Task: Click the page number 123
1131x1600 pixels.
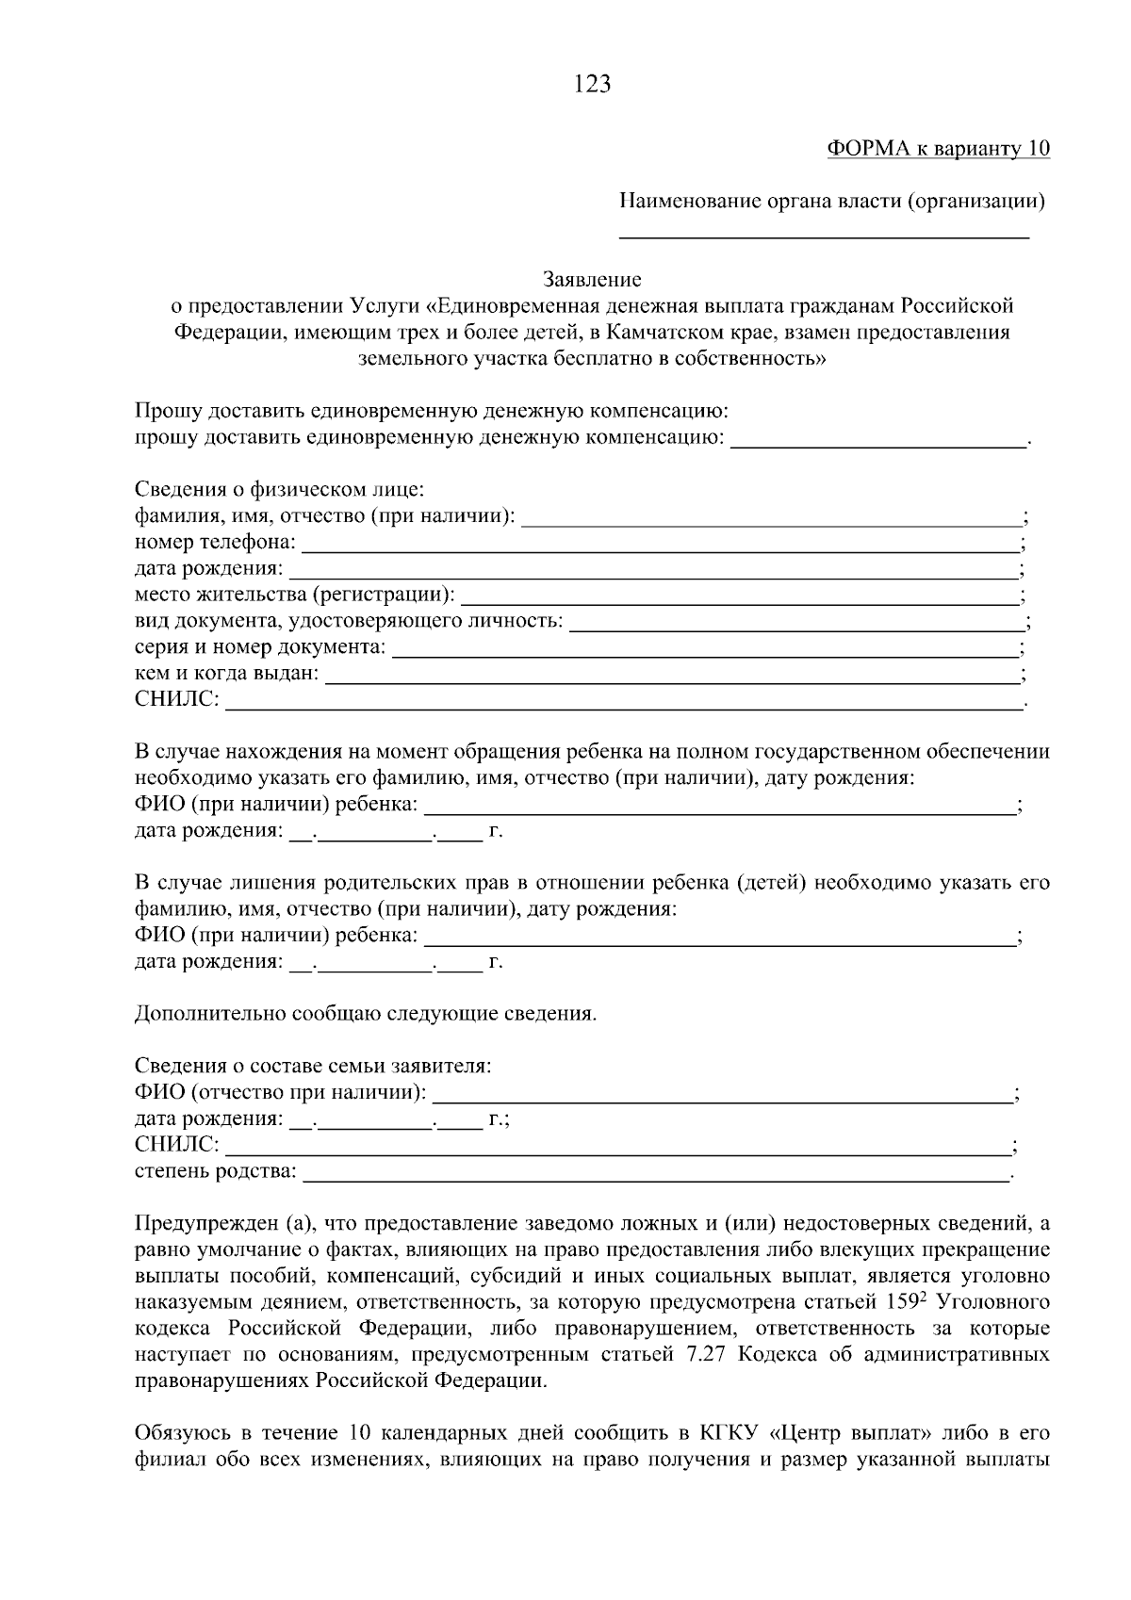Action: [592, 85]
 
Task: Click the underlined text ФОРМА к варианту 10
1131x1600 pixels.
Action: [938, 149]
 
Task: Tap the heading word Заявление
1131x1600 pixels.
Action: [592, 280]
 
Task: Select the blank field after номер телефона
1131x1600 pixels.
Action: [660, 544]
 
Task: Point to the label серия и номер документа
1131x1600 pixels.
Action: [260, 648]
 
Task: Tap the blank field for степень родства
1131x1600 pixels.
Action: [655, 1172]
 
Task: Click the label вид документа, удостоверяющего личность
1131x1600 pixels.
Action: [349, 622]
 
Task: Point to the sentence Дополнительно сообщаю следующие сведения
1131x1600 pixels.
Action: [366, 1015]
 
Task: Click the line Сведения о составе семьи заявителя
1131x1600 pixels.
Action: [313, 1067]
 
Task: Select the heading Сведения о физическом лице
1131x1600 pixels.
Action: [280, 491]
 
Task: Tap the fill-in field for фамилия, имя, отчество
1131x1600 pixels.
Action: [771, 517]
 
